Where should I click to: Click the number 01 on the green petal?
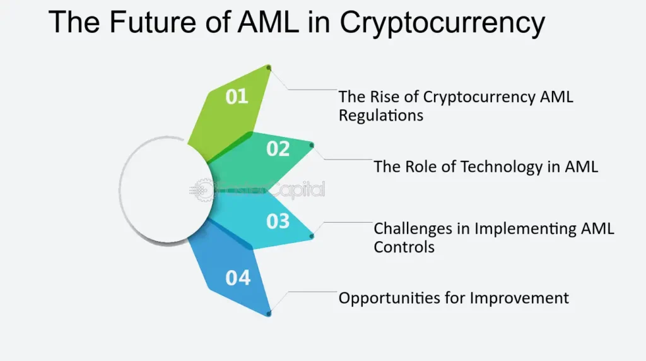237,97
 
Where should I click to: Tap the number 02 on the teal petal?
278,149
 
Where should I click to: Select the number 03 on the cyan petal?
278,222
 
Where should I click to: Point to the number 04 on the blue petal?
238,278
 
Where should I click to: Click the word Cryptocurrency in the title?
442,22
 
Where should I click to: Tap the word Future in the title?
153,22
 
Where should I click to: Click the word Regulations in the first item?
380,115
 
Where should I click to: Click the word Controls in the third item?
404,247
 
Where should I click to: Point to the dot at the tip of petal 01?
269,68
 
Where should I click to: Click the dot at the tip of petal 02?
312,145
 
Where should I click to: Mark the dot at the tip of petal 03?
312,236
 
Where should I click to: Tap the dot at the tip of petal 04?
269,314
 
